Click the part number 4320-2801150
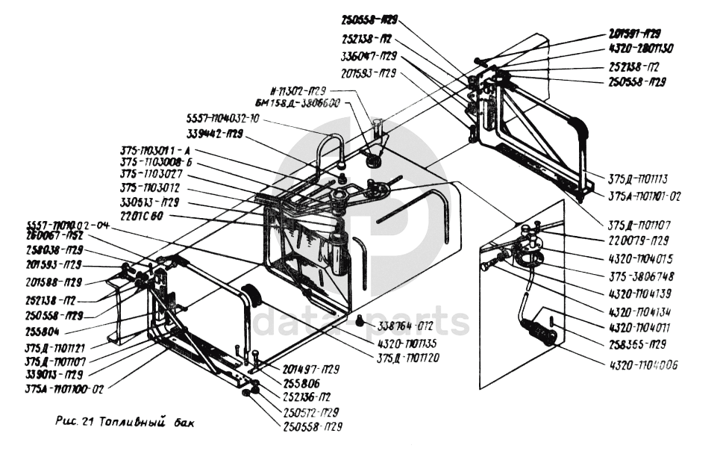pyautogui.click(x=641, y=49)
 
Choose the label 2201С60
pyautogui.click(x=145, y=216)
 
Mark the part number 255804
pyautogui.click(x=43, y=328)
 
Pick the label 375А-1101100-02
pyautogui.click(x=63, y=388)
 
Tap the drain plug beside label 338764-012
pyautogui.click(x=360, y=321)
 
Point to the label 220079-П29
pyautogui.click(x=639, y=241)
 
